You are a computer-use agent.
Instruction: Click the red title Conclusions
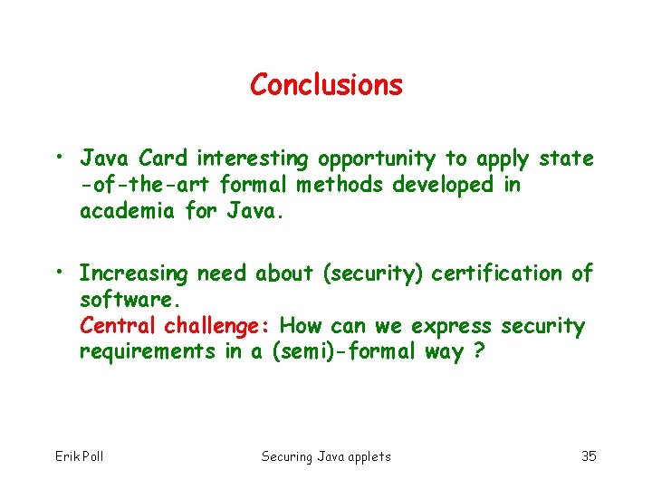326,85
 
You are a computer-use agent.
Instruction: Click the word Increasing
134,273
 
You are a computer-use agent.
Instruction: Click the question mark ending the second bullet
478,351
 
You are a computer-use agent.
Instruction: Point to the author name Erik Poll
80,455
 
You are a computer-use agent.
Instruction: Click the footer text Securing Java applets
326,455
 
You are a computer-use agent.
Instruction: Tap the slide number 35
588,455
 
